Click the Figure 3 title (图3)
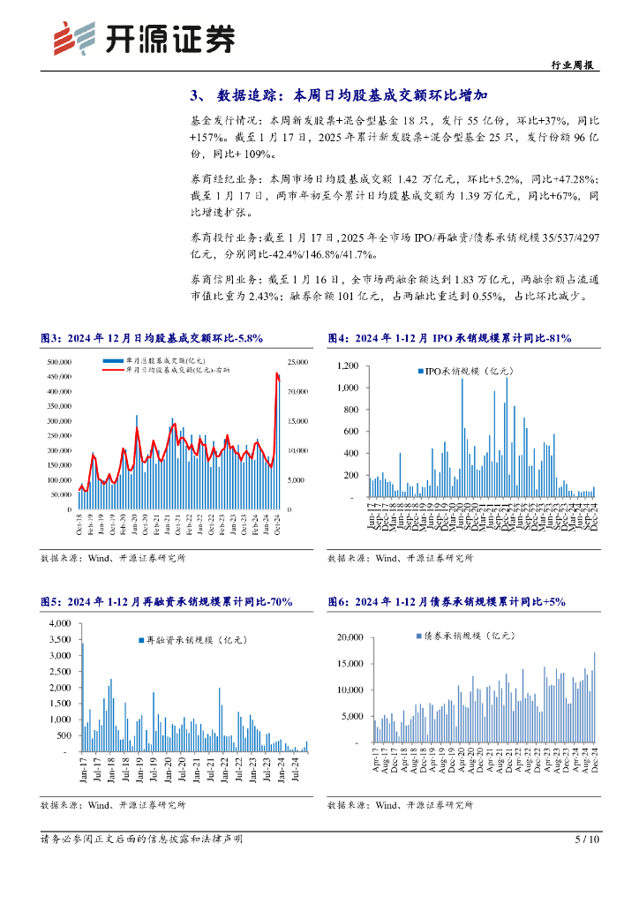coord(152,338)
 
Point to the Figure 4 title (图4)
coord(449,338)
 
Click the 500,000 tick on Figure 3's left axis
coord(58,362)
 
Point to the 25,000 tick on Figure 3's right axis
coord(297,362)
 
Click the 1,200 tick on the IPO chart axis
coord(346,365)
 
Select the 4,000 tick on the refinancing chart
coord(59,623)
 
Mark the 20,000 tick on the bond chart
coord(350,637)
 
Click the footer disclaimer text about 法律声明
coord(141,839)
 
